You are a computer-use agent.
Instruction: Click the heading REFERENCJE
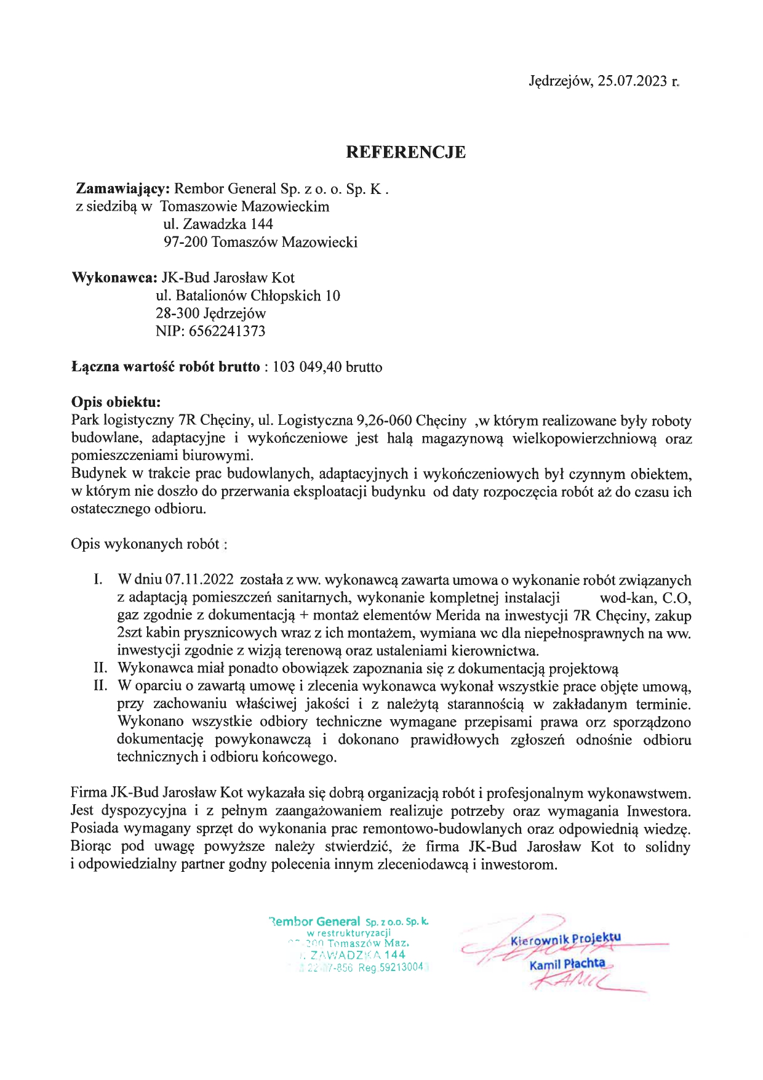[405, 152]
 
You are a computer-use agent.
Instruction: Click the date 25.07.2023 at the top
[632, 81]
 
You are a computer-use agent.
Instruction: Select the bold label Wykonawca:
[114, 278]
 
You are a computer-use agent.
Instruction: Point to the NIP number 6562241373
[227, 331]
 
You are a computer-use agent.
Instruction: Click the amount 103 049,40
[307, 368]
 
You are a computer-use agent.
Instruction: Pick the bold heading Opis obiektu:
[116, 402]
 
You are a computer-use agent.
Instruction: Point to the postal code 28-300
[177, 313]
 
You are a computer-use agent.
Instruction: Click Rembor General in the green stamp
[315, 922]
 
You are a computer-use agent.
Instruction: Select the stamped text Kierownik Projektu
[565, 939]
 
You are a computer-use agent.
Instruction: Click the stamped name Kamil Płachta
[567, 964]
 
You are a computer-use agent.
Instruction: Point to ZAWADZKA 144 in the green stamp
[358, 955]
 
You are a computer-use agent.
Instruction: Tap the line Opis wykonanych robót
[146, 544]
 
